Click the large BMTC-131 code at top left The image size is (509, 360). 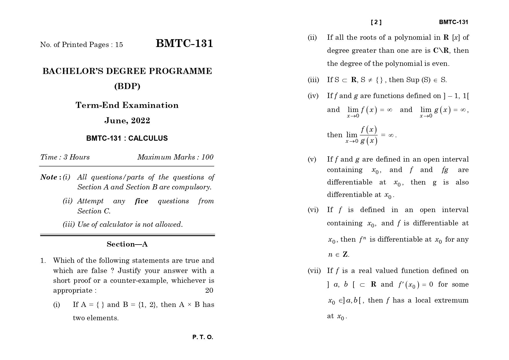(x=184, y=44)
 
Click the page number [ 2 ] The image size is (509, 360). (x=376, y=22)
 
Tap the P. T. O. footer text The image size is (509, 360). (x=203, y=337)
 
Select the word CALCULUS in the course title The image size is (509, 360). (x=148, y=138)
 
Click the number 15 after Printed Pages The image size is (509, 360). (x=119, y=45)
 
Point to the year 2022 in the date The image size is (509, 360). (x=140, y=121)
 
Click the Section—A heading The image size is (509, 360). (x=127, y=244)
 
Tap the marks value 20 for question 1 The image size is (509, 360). (x=209, y=290)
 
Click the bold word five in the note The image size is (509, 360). (x=141, y=201)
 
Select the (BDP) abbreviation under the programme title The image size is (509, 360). (x=127, y=86)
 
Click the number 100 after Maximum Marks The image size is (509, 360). (x=207, y=157)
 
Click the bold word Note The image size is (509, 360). (x=49, y=177)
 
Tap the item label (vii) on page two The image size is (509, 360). (x=314, y=271)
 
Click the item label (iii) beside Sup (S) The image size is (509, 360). (x=313, y=80)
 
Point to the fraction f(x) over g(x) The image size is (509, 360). (x=369, y=135)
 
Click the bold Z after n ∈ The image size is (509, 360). (x=345, y=255)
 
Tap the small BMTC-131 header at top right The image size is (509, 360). (x=453, y=22)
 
